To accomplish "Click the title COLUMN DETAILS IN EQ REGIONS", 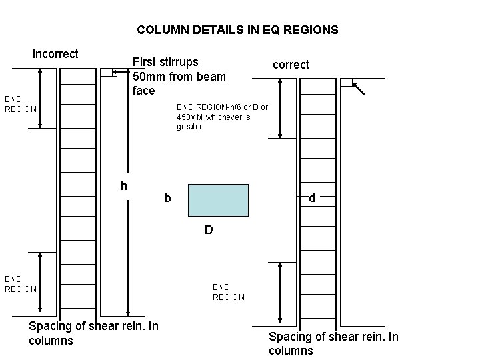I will tap(237, 30).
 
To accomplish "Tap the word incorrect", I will tap(56, 54).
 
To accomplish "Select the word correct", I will tap(291, 65).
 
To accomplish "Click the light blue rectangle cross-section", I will tap(218, 200).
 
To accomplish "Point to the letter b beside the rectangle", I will tap(168, 198).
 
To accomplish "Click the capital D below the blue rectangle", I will tap(209, 231).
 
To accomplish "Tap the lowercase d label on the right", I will tap(311, 198).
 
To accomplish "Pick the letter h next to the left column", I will tap(124, 185).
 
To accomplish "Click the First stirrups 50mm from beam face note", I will tap(179, 76).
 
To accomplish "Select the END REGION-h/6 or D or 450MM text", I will tap(222, 117).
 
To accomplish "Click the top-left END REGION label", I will tap(21, 104).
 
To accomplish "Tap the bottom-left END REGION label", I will tap(21, 283).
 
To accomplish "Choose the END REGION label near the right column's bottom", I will tap(229, 292).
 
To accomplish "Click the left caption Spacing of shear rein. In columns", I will tap(93, 333).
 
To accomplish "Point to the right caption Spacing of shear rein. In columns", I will tap(333, 343).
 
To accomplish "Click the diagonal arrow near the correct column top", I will tap(359, 88).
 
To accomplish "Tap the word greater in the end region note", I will tap(189, 127).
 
